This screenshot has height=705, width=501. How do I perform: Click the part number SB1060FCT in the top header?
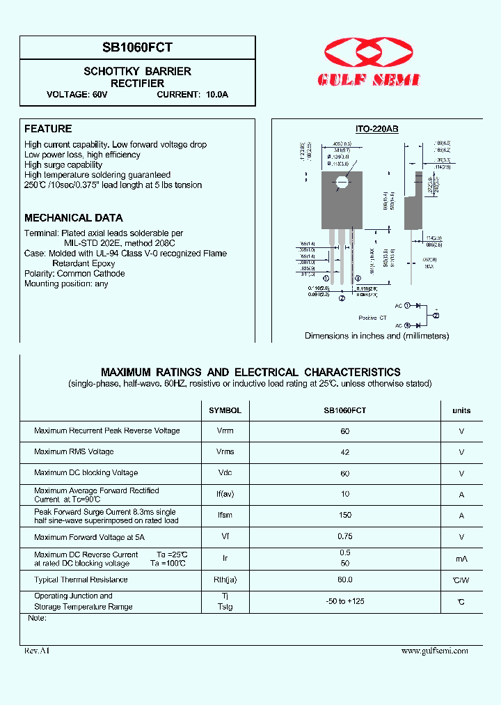click(138, 47)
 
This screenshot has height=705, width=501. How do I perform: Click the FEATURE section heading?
click(48, 129)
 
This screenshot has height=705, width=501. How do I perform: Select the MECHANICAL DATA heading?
click(74, 218)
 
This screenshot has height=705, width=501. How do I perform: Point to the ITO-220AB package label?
click(376, 130)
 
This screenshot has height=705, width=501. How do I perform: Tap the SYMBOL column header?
click(225, 410)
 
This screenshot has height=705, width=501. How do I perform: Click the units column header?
click(461, 410)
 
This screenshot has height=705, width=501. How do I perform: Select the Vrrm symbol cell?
click(225, 431)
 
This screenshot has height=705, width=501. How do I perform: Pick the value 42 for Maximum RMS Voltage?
click(345, 452)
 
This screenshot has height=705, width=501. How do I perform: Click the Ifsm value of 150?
click(345, 516)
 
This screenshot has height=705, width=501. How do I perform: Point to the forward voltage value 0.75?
click(345, 536)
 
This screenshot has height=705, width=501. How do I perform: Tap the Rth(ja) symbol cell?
click(225, 580)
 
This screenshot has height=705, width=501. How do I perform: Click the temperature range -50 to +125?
click(345, 601)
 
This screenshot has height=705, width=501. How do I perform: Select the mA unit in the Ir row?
click(461, 559)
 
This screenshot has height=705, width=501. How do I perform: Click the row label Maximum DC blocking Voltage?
click(86, 473)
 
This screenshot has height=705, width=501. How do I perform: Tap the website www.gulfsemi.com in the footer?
click(434, 651)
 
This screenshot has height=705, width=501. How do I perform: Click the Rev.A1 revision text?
click(37, 651)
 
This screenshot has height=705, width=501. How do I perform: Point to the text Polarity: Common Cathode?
click(74, 274)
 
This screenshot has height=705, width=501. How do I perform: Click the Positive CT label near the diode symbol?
click(372, 318)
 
